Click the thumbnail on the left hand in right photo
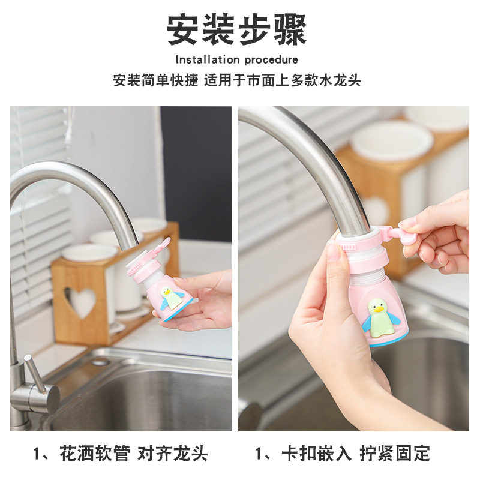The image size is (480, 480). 334,251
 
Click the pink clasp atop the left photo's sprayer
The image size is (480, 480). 160,247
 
